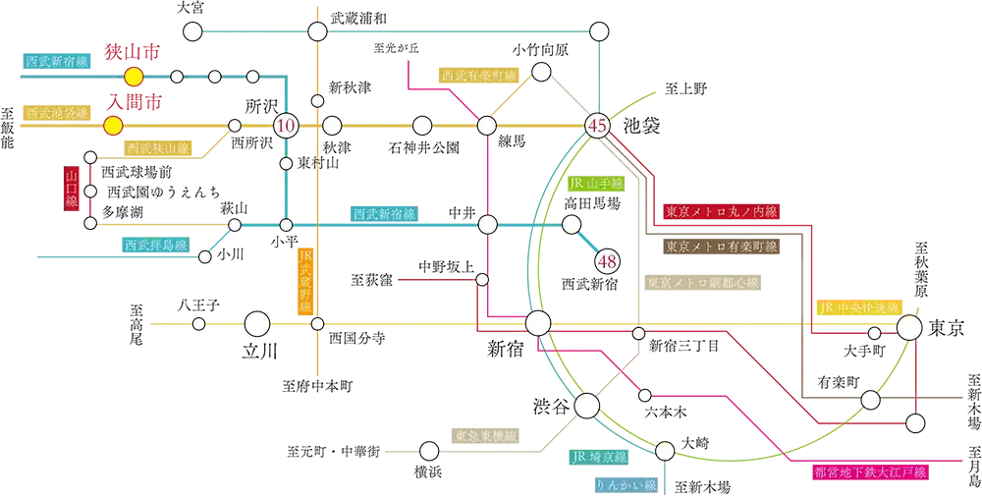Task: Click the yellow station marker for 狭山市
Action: pos(134,77)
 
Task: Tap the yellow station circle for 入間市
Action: pos(113,126)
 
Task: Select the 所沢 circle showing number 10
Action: pos(286,126)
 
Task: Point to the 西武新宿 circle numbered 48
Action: pos(606,259)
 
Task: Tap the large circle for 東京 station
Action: pos(909,327)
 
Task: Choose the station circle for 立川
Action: pos(257,324)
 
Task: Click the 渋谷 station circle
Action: pos(588,406)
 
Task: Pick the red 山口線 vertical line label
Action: pos(72,189)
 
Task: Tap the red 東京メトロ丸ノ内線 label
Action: pos(720,212)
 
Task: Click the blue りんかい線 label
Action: pos(625,484)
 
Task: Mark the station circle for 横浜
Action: pos(429,451)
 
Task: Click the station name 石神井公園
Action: pos(424,148)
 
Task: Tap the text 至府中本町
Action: pos(317,386)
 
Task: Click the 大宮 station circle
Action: pos(192,30)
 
